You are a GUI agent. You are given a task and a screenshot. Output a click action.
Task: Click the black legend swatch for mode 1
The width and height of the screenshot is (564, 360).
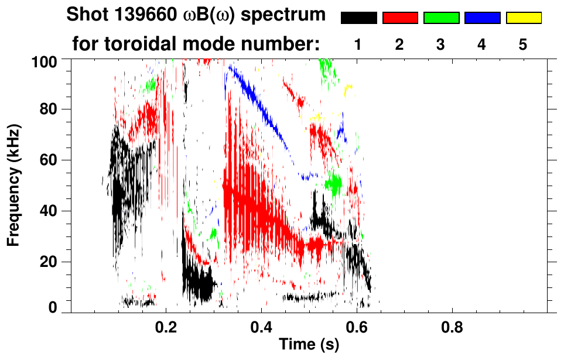(359, 18)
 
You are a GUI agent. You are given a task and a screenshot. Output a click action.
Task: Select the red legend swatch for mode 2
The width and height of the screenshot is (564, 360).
(400, 18)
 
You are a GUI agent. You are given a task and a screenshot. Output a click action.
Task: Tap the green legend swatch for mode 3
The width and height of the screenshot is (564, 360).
(441, 18)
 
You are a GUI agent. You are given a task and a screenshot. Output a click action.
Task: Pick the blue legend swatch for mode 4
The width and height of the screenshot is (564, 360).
(482, 18)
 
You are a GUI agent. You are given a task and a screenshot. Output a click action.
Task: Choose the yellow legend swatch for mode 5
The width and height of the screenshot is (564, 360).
(523, 18)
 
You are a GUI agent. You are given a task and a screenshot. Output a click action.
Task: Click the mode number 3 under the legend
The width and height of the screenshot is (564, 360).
(441, 45)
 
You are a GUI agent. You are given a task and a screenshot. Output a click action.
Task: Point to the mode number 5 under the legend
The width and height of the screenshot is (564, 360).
(523, 45)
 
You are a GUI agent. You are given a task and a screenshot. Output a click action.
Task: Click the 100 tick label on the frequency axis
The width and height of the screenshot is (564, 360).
(45, 61)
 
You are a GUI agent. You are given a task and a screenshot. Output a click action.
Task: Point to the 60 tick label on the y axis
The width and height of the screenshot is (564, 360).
(50, 160)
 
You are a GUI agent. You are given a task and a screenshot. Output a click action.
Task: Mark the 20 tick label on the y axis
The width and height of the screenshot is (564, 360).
(50, 262)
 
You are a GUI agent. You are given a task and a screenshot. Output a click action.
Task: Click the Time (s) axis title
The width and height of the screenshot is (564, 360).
(309, 345)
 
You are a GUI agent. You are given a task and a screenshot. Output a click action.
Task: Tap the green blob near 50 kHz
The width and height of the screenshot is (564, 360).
(334, 184)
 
